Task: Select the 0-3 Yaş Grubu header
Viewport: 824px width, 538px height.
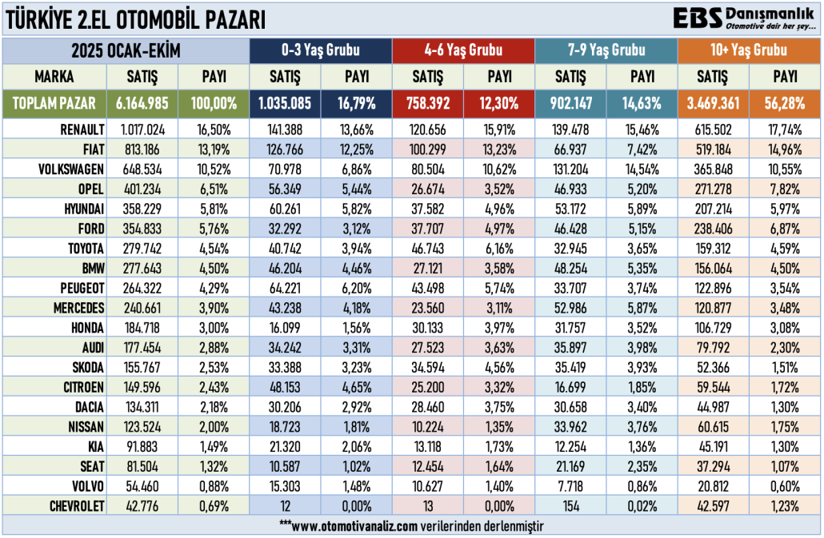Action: click(321, 50)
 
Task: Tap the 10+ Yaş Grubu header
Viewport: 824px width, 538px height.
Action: click(749, 50)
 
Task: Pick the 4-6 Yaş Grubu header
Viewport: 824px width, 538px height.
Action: click(463, 50)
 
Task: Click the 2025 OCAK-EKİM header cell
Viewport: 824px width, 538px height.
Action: click(126, 50)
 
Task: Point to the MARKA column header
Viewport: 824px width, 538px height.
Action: click(54, 77)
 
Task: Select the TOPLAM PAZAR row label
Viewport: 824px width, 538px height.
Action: click(54, 103)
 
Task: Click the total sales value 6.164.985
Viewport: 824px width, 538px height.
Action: click(142, 103)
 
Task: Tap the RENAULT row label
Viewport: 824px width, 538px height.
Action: click(82, 128)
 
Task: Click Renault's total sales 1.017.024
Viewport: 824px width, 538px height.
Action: click(142, 128)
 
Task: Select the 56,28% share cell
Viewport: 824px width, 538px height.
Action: click(785, 103)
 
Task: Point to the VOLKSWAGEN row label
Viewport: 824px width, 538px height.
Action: click(71, 169)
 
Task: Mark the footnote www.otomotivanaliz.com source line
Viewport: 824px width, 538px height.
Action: click(411, 524)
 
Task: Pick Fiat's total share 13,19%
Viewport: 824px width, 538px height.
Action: click(214, 148)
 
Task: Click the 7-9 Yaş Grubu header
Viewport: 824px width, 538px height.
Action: click(606, 50)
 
